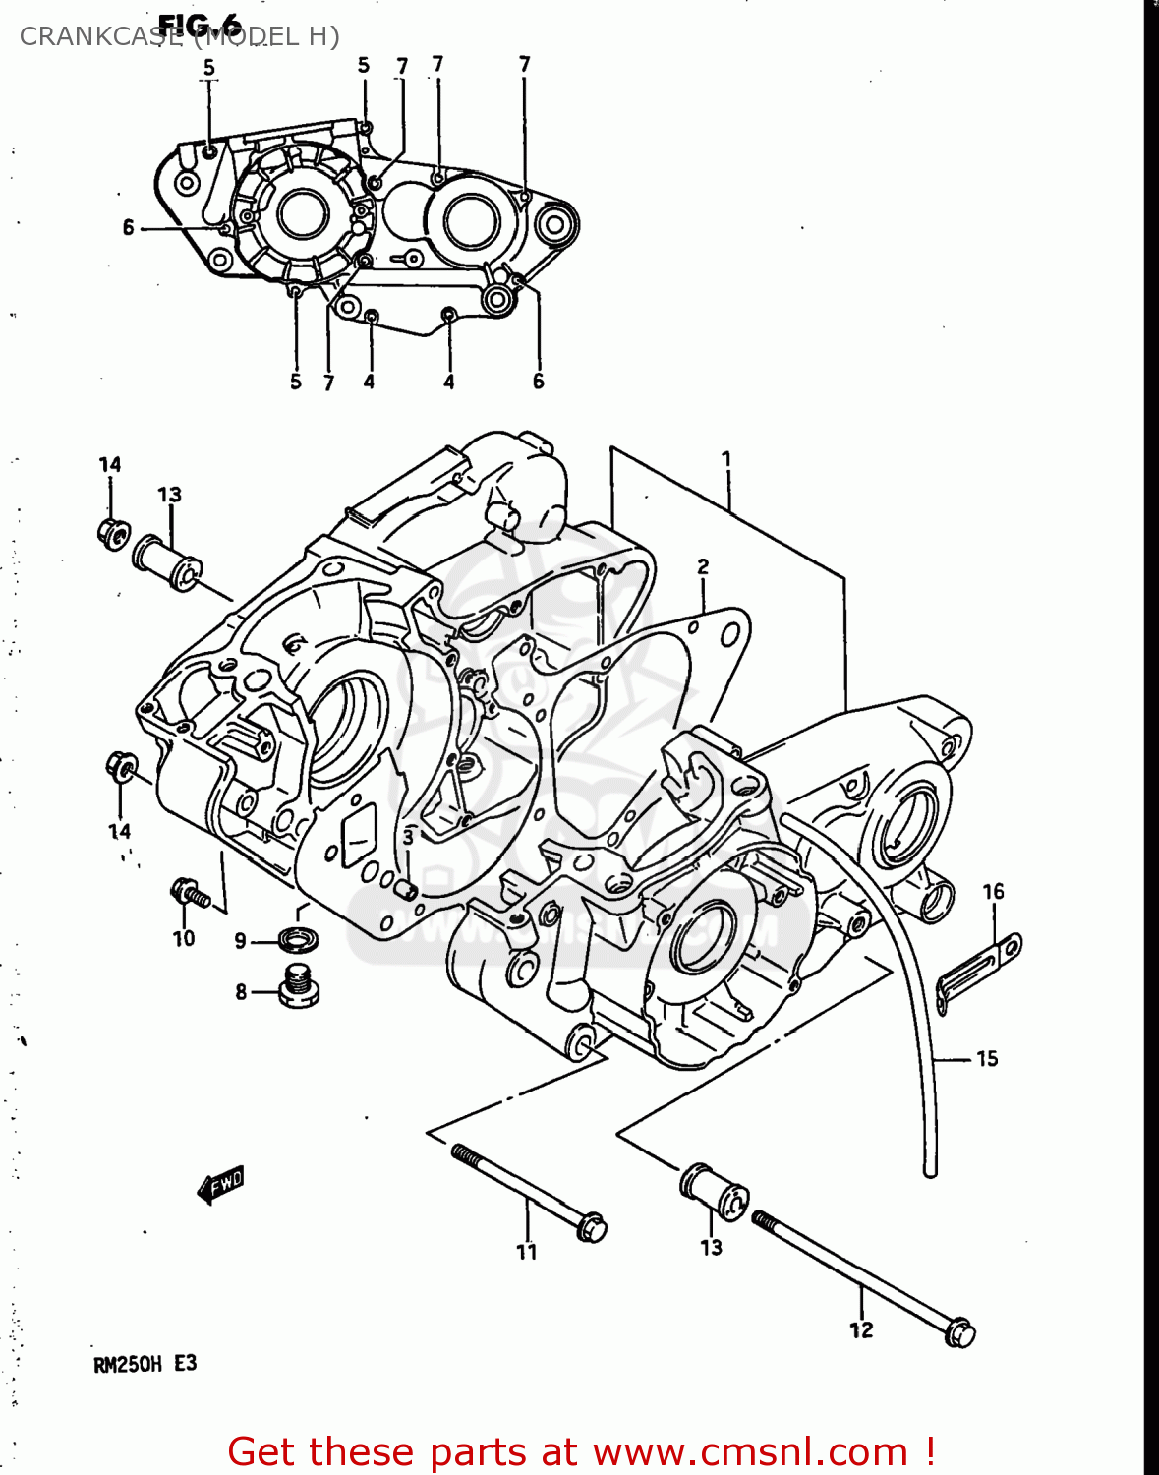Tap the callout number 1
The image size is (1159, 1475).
pyautogui.click(x=726, y=458)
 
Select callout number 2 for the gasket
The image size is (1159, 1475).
pyautogui.click(x=703, y=566)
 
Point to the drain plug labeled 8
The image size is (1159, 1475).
pyautogui.click(x=299, y=987)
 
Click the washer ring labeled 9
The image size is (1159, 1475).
pyautogui.click(x=298, y=939)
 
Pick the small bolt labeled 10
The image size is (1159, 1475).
pyautogui.click(x=190, y=894)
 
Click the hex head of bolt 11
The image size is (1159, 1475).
pyautogui.click(x=592, y=1227)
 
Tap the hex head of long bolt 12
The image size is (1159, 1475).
pyautogui.click(x=959, y=1332)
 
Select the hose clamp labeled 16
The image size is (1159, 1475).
pyautogui.click(x=978, y=965)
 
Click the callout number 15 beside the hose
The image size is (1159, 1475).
pyautogui.click(x=987, y=1059)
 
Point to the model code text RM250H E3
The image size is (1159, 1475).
pyautogui.click(x=145, y=1364)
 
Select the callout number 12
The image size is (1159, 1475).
pyautogui.click(x=861, y=1330)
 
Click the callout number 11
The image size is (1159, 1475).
pyautogui.click(x=527, y=1252)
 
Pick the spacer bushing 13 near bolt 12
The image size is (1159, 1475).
pyautogui.click(x=714, y=1191)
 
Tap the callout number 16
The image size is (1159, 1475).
pyautogui.click(x=993, y=892)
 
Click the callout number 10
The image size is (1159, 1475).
pyautogui.click(x=184, y=938)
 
